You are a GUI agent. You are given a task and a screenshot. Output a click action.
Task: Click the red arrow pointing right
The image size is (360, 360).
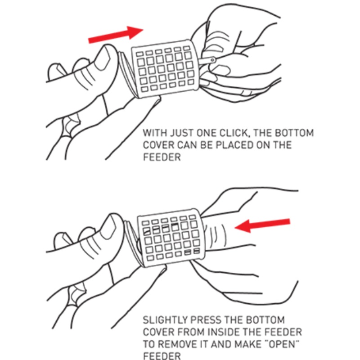[x=116, y=35]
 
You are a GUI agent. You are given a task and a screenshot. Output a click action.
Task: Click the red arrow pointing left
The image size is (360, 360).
[x=262, y=225]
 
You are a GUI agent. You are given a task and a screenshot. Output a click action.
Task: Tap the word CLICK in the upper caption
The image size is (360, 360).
[x=234, y=133]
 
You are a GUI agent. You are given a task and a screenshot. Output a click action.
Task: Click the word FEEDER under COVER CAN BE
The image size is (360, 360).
[x=162, y=157]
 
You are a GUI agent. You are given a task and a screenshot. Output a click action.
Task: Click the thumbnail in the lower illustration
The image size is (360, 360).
[x=108, y=227]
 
